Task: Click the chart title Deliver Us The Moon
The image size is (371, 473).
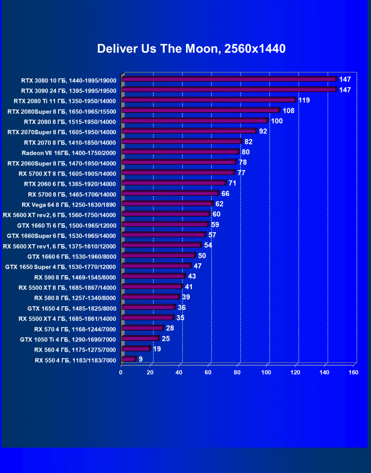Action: pyautogui.click(x=191, y=49)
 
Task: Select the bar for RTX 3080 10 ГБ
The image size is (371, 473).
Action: pyautogui.click(x=228, y=79)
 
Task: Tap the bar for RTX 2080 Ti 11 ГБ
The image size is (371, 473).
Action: pyautogui.click(x=208, y=100)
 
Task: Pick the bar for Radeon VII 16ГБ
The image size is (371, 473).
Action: pyautogui.click(x=180, y=152)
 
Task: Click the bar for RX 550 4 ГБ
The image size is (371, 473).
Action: pyautogui.click(x=128, y=359)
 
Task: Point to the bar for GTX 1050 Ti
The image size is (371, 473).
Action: pyautogui.click(x=140, y=338)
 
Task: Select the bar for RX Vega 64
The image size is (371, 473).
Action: pyautogui.click(x=166, y=204)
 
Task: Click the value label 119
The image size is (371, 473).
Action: pyautogui.click(x=304, y=100)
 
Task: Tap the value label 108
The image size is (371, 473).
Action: pyautogui.click(x=289, y=111)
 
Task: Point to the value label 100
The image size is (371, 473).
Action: pyautogui.click(x=277, y=121)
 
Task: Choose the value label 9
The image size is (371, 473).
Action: pyautogui.click(x=141, y=359)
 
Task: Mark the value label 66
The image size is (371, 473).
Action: pyautogui.click(x=225, y=194)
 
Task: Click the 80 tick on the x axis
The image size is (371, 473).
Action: pyautogui.click(x=237, y=373)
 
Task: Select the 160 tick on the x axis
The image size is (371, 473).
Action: pyautogui.click(x=353, y=373)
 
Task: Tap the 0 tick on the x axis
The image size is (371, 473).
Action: pyautogui.click(x=121, y=373)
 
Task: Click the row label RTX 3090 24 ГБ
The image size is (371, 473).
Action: pyautogui.click(x=68, y=91)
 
